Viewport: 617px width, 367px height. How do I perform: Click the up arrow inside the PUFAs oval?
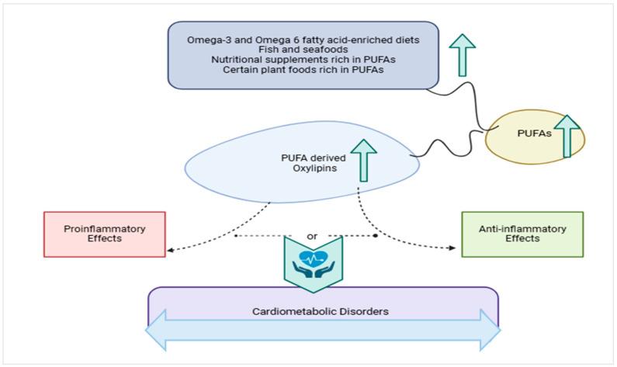point(566,136)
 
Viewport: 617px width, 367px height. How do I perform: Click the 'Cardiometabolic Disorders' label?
point(323,311)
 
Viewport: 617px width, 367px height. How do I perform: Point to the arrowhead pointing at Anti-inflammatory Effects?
point(451,249)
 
